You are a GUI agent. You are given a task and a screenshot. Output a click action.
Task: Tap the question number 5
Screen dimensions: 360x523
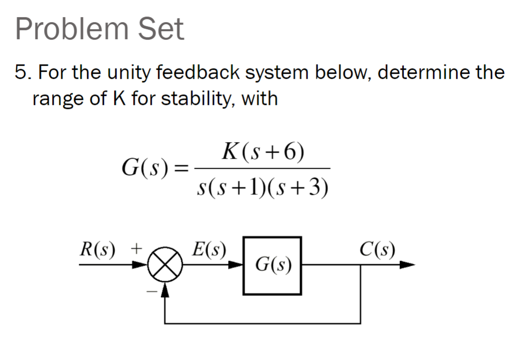21,73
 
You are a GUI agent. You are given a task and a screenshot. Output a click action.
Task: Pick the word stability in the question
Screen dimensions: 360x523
201,98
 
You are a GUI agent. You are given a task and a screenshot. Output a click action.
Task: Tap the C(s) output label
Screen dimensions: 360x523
377,249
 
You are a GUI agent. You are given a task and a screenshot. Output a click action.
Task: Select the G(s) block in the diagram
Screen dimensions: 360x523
272,265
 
